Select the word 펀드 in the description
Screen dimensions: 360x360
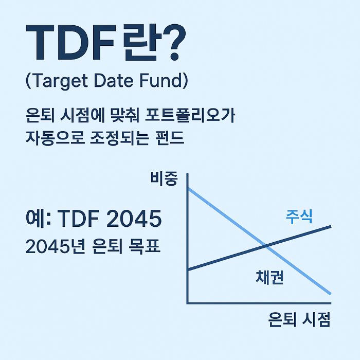(x=169, y=138)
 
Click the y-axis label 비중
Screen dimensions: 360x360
(x=164, y=179)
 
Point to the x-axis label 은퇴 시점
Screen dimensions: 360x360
(x=298, y=320)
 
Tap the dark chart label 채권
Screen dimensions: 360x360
(x=270, y=278)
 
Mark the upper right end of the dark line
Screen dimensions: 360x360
(x=330, y=226)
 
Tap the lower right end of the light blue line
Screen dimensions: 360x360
(x=330, y=294)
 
